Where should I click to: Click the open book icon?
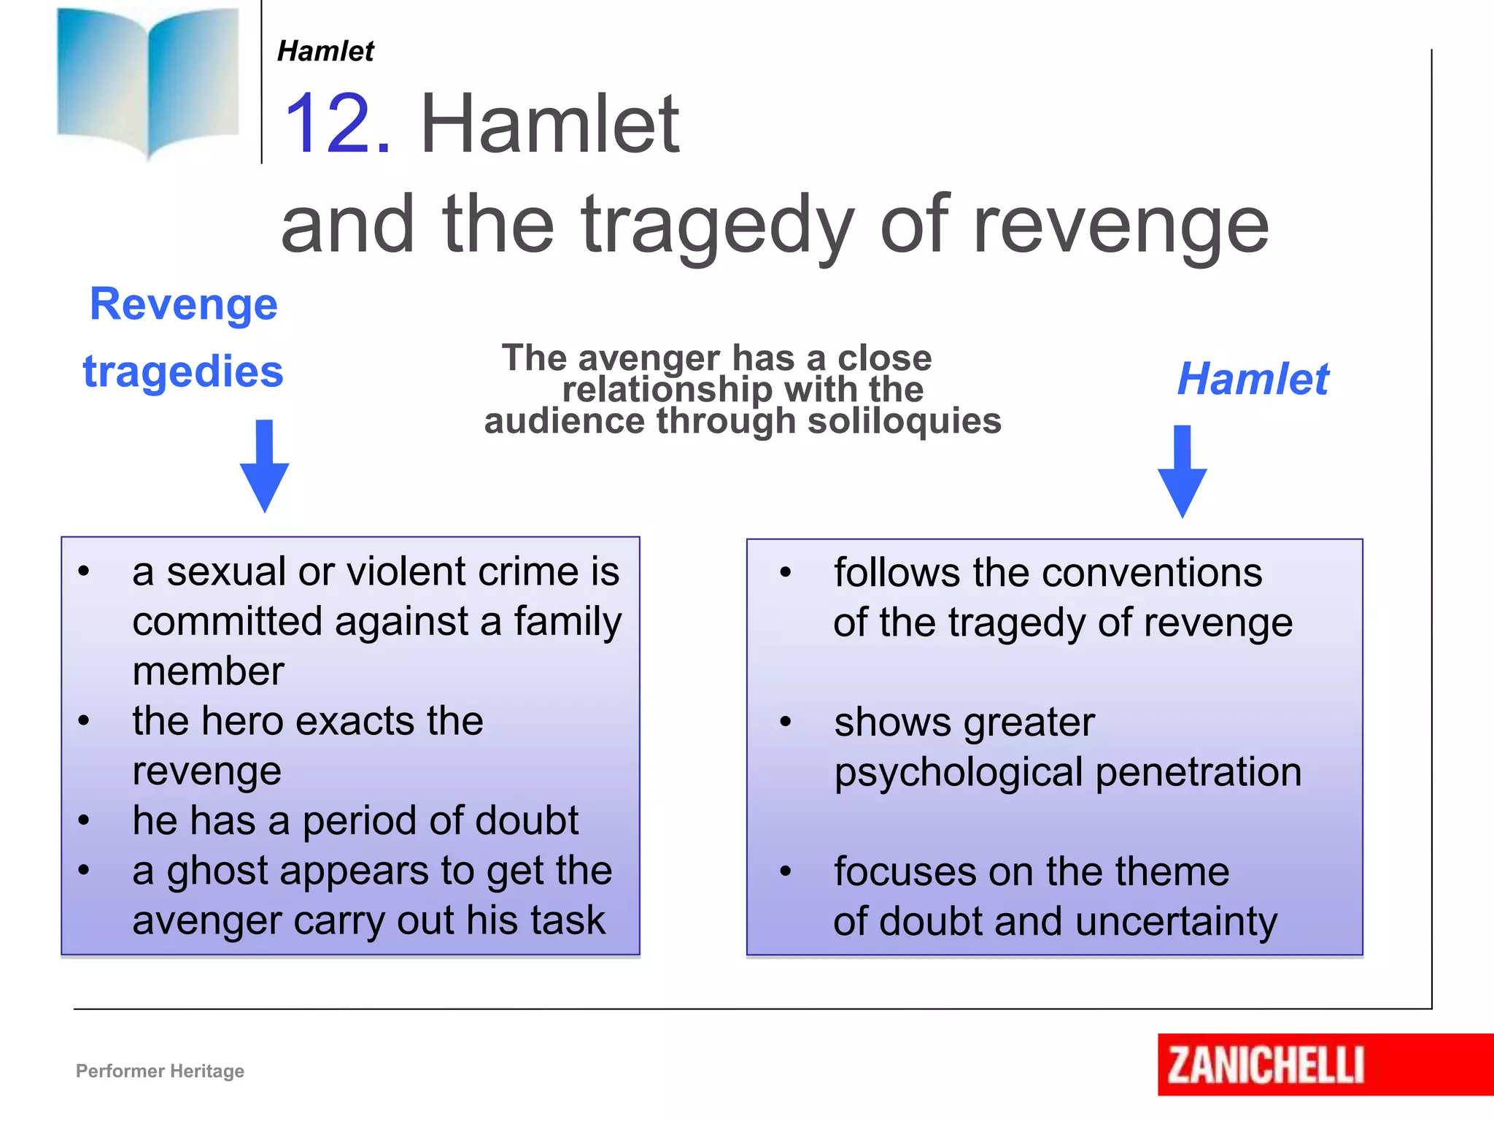pyautogui.click(x=148, y=80)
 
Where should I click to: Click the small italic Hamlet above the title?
pyautogui.click(x=325, y=51)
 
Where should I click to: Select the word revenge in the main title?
pyautogui.click(x=1121, y=226)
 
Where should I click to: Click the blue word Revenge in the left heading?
pyautogui.click(x=184, y=304)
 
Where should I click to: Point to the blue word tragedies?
pyautogui.click(x=183, y=371)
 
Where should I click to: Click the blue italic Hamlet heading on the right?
pyautogui.click(x=1253, y=379)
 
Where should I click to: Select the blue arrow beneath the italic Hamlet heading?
pyautogui.click(x=1183, y=471)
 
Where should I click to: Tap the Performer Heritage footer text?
pyautogui.click(x=160, y=1071)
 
